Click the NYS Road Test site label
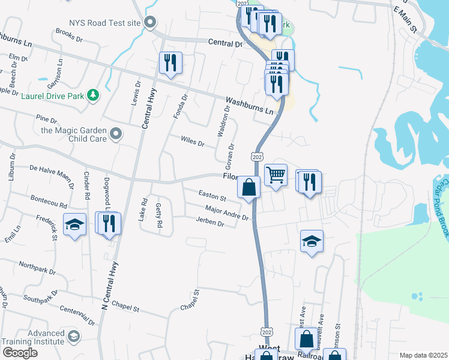click(105, 23)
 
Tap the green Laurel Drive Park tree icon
click(92, 95)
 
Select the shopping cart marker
click(276, 175)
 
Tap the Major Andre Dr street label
click(226, 212)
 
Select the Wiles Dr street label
click(193, 143)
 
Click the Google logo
click(20, 353)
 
